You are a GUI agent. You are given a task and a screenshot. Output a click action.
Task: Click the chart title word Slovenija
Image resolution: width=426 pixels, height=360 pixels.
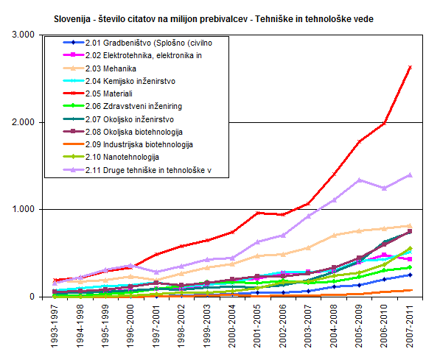[x=72, y=19]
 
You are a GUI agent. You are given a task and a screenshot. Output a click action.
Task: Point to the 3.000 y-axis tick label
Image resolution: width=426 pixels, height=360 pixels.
[x=24, y=35]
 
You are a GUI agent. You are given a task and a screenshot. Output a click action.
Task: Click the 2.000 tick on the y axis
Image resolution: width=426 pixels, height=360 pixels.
[x=24, y=122]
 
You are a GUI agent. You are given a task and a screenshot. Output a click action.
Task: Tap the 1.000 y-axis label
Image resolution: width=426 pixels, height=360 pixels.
[x=24, y=209]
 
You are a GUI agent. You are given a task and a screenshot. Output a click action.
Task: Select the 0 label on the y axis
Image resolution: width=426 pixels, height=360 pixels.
[x=32, y=297]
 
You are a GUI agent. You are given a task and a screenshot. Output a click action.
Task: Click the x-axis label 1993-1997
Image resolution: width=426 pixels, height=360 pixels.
[x=55, y=326]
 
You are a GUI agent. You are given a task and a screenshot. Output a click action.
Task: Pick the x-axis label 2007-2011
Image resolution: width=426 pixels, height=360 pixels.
[x=410, y=326]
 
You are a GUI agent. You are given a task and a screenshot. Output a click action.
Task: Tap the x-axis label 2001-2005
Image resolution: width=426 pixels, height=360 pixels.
[x=257, y=326]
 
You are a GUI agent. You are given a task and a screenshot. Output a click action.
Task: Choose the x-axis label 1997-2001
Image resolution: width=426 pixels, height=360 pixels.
[x=156, y=326]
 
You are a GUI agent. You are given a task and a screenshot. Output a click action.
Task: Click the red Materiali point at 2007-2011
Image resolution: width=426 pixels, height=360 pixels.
[x=410, y=67]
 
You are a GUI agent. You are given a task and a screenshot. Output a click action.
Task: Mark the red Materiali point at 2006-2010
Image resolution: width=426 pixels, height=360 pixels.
[x=384, y=124]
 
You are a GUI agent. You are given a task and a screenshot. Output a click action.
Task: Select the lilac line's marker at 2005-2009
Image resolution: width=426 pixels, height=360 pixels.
[x=359, y=180]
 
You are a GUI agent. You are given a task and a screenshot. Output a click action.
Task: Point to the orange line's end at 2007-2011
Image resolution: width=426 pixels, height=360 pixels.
[x=412, y=290]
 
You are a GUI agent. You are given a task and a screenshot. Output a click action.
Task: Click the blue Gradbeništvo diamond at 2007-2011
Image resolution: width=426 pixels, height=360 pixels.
[x=410, y=275]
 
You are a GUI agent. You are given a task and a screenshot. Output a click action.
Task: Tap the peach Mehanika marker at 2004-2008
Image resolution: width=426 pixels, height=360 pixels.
[x=334, y=235]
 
